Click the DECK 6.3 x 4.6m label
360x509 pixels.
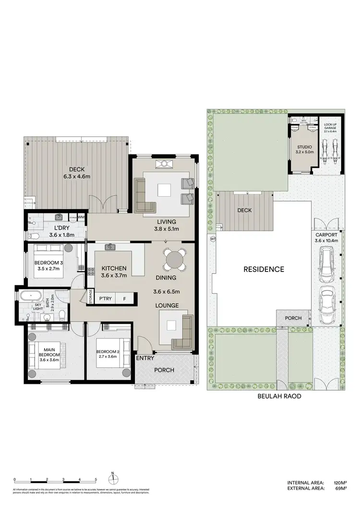click(x=77, y=173)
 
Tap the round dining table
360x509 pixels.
click(x=173, y=260)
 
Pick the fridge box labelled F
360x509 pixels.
click(x=124, y=299)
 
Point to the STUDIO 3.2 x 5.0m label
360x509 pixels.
click(x=304, y=149)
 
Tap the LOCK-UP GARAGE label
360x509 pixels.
click(x=330, y=128)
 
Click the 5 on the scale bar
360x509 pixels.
click(x=96, y=480)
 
